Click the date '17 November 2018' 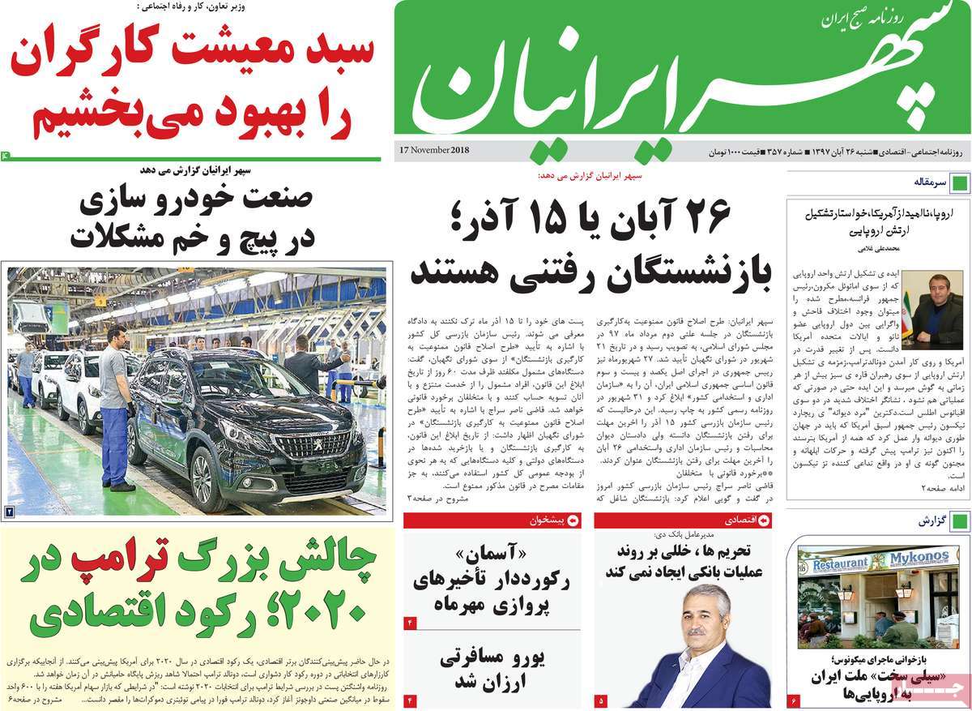coord(433,150)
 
